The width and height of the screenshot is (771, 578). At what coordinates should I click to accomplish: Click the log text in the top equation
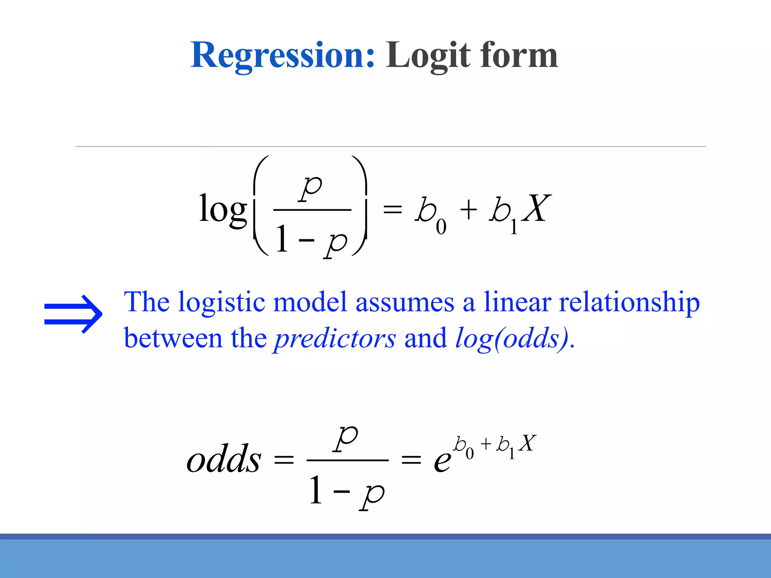click(223, 209)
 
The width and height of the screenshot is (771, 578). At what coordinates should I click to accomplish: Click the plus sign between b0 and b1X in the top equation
click(469, 210)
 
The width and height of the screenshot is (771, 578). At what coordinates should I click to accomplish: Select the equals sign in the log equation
click(393, 210)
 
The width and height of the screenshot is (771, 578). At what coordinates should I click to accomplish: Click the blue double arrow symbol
click(73, 314)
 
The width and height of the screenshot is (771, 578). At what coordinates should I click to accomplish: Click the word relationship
click(629, 303)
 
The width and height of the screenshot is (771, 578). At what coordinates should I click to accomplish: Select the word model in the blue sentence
click(309, 302)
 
